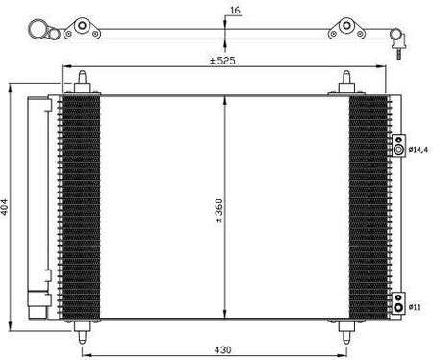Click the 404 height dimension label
coord(4,207)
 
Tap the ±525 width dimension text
coord(222,61)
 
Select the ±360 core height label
coord(219,211)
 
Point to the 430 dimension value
coord(222,349)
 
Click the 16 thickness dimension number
coord(235,11)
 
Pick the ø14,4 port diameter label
coord(419,149)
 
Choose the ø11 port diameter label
coord(415,307)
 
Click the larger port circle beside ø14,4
coord(398,149)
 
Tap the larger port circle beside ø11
coord(398,307)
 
